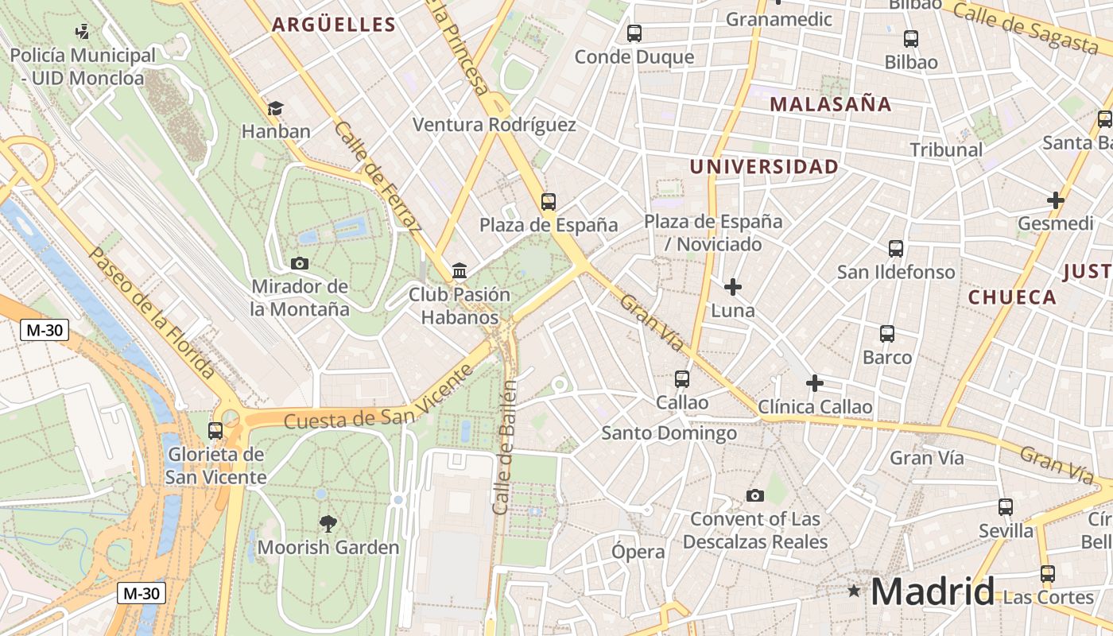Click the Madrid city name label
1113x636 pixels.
(x=932, y=592)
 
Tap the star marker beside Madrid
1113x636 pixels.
(x=854, y=591)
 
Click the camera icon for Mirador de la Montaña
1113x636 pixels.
(x=300, y=263)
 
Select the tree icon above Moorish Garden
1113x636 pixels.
(x=328, y=523)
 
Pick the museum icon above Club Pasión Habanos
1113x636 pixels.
(x=460, y=271)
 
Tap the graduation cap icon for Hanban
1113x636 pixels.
(x=275, y=108)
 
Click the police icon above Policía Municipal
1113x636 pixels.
(x=82, y=32)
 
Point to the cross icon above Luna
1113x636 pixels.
(x=733, y=287)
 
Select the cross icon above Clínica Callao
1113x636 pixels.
(x=815, y=383)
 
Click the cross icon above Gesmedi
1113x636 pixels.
(x=1056, y=200)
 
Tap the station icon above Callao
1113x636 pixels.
(x=682, y=379)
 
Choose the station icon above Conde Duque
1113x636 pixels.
(x=634, y=33)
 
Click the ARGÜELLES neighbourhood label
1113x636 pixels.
(x=334, y=25)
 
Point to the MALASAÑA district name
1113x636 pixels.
(x=830, y=104)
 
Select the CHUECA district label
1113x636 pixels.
(x=1012, y=297)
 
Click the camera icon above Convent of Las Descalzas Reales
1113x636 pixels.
(x=755, y=496)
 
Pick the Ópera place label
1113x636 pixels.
(x=638, y=552)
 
